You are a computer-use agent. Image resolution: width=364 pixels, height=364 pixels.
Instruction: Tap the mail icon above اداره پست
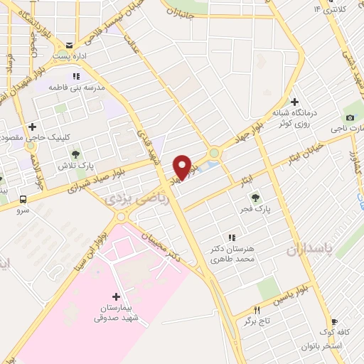tap(69, 44)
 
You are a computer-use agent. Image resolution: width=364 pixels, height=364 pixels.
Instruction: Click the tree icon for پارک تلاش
tap(76, 154)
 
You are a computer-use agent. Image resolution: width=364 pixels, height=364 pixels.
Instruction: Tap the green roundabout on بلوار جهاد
tap(214, 154)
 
